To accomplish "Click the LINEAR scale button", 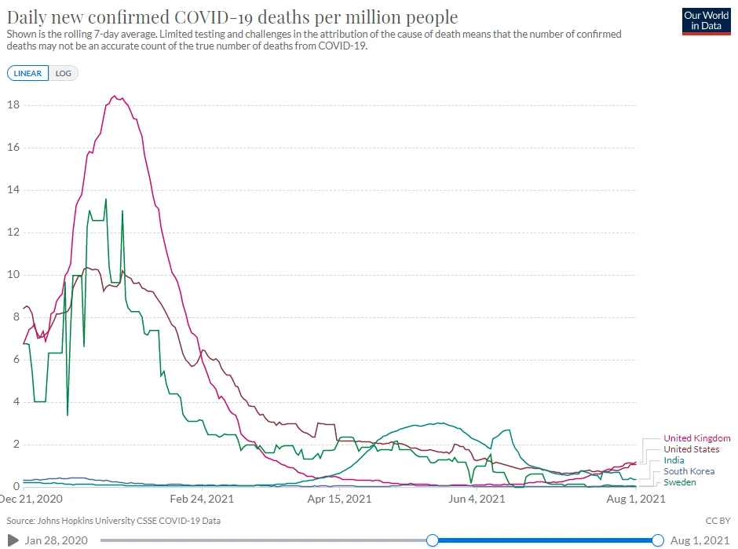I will [x=28, y=73].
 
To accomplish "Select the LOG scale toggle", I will [x=63, y=73].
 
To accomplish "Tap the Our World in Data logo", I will [x=707, y=20].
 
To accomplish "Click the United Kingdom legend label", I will [x=696, y=438].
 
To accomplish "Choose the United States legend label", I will [x=691, y=449].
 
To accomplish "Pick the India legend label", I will [x=674, y=460].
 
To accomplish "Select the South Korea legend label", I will [x=689, y=471].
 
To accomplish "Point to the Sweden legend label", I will [x=680, y=482].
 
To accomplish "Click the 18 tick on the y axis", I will [x=13, y=105].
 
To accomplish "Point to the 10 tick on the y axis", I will [x=13, y=275].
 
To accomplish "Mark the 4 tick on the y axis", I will [x=16, y=402].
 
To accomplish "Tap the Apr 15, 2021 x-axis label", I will [x=339, y=499].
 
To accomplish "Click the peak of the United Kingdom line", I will [x=115, y=96].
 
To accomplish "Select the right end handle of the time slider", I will [x=658, y=540].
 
